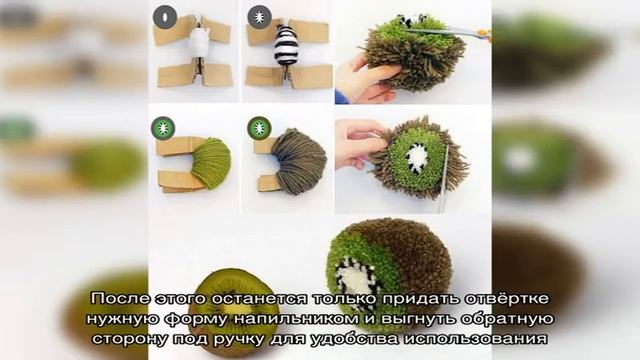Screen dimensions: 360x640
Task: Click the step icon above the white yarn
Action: click(x=165, y=16)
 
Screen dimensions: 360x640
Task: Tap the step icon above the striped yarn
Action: click(x=260, y=16)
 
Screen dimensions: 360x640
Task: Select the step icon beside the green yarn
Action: click(x=163, y=128)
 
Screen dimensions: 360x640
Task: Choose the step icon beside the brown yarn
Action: click(x=260, y=128)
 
